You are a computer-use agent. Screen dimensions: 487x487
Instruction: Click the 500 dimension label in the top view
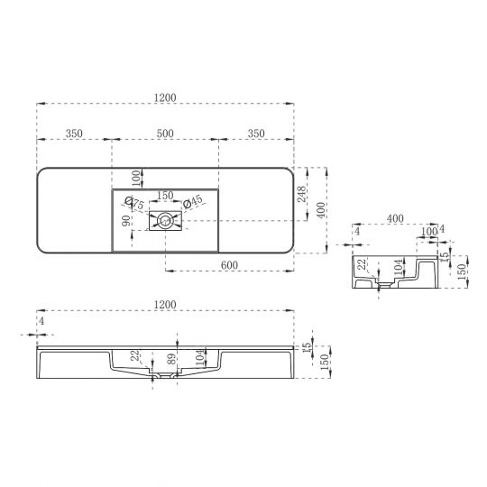click(x=164, y=133)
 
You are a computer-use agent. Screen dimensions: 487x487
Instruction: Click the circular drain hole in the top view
click(x=165, y=220)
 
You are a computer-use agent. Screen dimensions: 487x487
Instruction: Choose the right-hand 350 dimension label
click(x=255, y=133)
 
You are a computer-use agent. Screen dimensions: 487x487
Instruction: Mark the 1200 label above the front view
click(x=164, y=304)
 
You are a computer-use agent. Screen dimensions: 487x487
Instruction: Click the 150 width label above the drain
click(x=165, y=195)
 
